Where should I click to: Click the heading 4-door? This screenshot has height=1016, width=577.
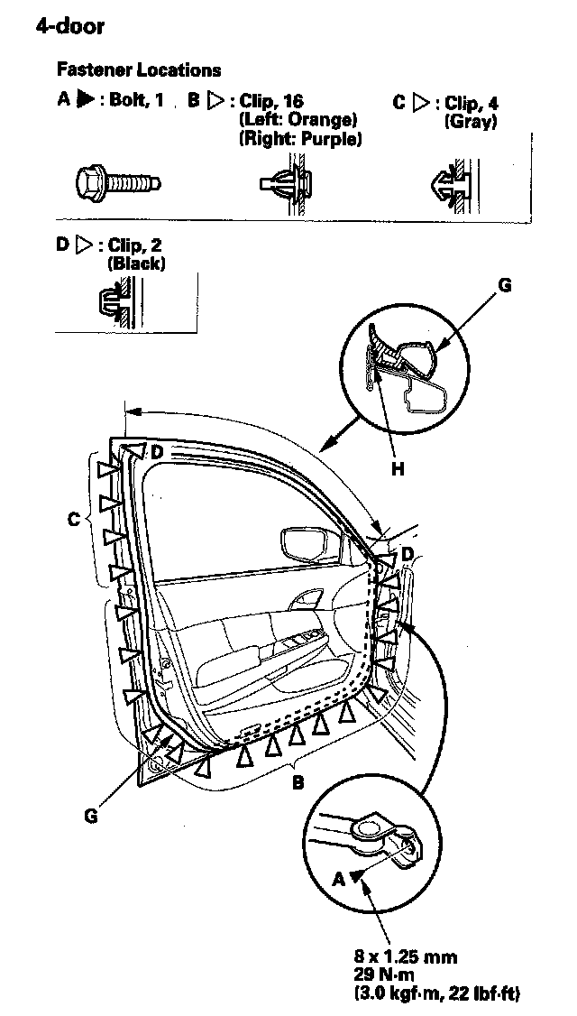[x=69, y=25]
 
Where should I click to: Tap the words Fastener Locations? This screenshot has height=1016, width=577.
[x=139, y=69]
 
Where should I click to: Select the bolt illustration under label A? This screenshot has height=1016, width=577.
[x=118, y=182]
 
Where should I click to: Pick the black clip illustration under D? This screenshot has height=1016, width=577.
[x=115, y=300]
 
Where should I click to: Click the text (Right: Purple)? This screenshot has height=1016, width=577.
[x=300, y=139]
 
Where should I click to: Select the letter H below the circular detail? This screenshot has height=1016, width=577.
[x=397, y=468]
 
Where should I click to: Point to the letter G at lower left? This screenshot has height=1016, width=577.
[x=89, y=816]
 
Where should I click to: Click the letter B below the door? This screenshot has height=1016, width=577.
[x=298, y=782]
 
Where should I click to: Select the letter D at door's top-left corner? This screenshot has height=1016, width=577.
[x=156, y=451]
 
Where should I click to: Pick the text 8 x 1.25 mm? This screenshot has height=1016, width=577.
[x=405, y=956]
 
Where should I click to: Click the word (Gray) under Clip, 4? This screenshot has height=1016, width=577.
[x=471, y=122]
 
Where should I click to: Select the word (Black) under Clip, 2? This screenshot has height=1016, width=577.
[x=136, y=263]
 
